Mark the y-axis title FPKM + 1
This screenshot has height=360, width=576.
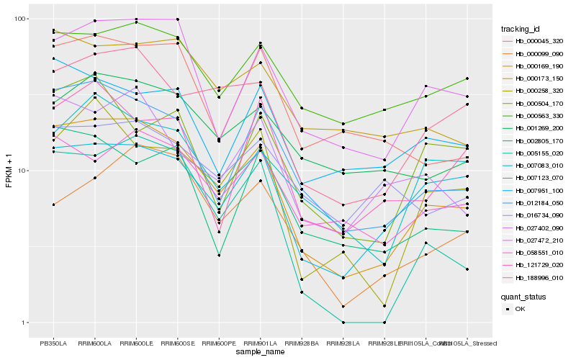[x=9, y=171]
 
